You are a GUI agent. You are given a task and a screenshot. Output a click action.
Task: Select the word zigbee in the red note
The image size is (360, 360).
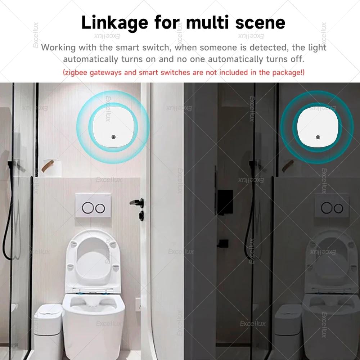(x=76, y=72)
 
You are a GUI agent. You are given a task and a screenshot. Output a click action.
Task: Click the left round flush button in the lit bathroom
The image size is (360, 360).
(x=87, y=207)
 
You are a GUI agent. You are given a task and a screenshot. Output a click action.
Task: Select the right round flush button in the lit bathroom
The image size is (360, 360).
(x=99, y=207)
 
